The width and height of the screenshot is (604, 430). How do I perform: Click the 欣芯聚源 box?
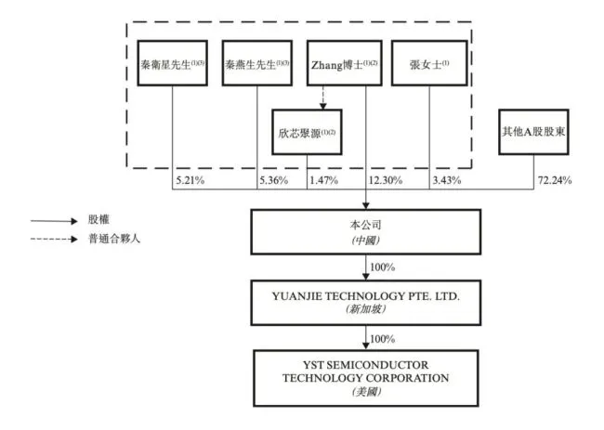coord(307,133)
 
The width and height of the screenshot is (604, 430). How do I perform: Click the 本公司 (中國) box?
coord(365,230)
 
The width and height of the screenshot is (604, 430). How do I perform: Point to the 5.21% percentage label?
coord(189,178)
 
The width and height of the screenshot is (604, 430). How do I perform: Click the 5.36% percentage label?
coord(273,178)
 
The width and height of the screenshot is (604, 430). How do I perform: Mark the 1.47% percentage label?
coord(322,178)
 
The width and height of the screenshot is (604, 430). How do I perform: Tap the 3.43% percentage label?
coord(445,178)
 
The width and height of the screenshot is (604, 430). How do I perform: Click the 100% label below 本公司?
coord(382,267)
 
